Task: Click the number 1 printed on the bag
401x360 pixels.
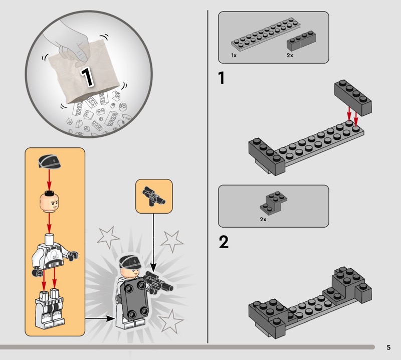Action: click(87, 77)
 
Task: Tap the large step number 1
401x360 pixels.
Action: click(222, 78)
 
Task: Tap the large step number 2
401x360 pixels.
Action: click(224, 242)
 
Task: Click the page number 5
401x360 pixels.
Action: click(389, 347)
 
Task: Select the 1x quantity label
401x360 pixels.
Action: click(234, 55)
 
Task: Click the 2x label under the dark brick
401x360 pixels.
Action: click(290, 55)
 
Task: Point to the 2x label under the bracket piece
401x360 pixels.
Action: click(263, 219)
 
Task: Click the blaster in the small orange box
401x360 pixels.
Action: click(154, 196)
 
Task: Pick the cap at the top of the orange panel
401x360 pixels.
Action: click(49, 161)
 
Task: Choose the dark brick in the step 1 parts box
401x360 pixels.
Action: click(301, 41)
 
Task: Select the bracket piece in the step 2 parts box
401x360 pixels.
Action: click(274, 202)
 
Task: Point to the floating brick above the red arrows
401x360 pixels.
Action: click(353, 97)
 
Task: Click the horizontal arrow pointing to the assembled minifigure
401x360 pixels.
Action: click(100, 318)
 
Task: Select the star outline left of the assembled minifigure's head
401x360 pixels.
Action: click(107, 237)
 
